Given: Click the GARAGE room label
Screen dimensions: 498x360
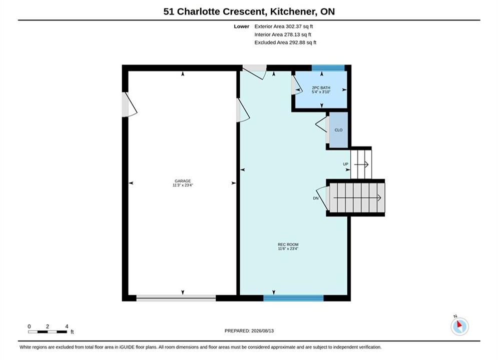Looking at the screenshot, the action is click(183, 181).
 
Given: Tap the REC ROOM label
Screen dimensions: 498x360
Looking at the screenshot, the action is click(288, 244).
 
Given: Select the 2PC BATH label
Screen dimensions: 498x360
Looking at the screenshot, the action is click(321, 87).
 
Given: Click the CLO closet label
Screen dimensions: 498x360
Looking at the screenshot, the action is click(338, 130).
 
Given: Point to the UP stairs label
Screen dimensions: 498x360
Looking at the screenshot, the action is click(345, 164).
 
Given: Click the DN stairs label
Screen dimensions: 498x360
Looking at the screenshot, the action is click(316, 198).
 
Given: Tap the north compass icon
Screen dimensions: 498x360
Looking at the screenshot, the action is click(459, 326).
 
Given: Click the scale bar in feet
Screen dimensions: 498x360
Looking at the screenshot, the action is click(48, 332).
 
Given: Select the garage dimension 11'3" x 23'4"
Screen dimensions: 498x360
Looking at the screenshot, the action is click(183, 185).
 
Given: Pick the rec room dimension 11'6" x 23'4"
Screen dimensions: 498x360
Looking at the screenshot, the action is click(288, 248).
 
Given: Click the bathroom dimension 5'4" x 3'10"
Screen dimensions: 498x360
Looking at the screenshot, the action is click(321, 91).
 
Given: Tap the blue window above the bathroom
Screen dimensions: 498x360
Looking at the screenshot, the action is click(328, 68).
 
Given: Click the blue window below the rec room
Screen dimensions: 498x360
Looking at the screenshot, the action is click(293, 298).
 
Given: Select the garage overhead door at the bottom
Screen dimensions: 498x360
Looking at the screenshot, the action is click(176, 298).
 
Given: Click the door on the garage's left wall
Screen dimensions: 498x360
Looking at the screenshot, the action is click(129, 104).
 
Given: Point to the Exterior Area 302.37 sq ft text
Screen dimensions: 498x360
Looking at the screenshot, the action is click(284, 26).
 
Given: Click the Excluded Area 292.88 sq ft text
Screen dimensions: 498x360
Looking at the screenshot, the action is click(285, 42).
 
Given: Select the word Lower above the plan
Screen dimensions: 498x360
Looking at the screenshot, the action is click(241, 26).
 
